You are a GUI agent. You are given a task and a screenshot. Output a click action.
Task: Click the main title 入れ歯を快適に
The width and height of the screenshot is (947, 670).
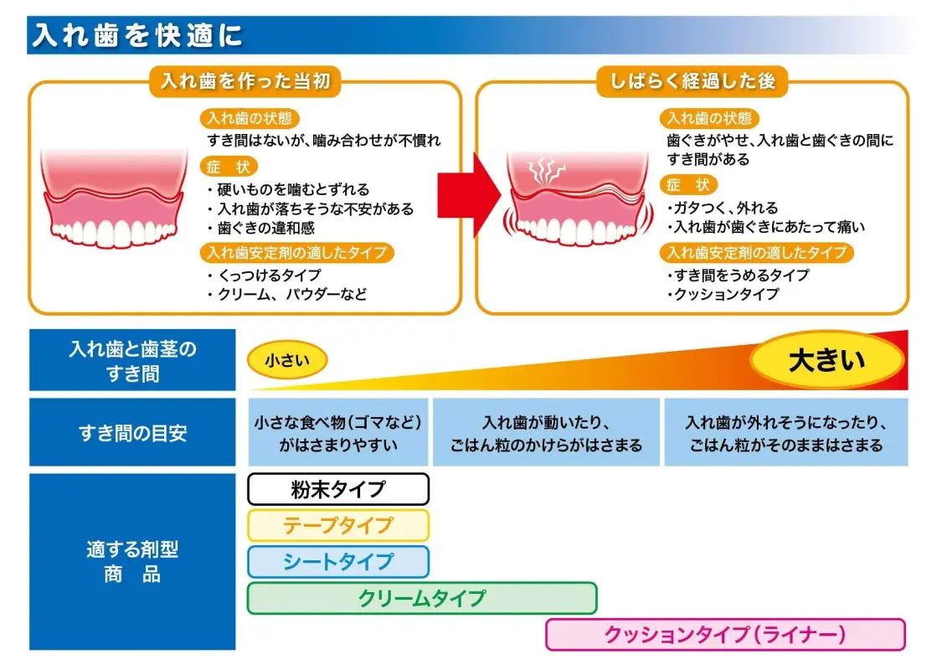pyautogui.click(x=138, y=36)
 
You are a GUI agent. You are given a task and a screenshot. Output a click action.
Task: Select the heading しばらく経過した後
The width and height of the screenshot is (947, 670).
pyautogui.click(x=692, y=81)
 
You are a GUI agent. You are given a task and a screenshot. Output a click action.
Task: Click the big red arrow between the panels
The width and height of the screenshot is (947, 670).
pyautogui.click(x=470, y=194)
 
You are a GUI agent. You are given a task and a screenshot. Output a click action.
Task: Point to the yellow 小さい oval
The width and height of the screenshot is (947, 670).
pyautogui.click(x=287, y=360)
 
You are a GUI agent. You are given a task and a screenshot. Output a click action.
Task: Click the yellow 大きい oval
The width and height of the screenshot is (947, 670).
pyautogui.click(x=826, y=361)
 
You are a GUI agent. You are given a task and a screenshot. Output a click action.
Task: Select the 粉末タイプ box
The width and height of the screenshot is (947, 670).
pyautogui.click(x=338, y=489)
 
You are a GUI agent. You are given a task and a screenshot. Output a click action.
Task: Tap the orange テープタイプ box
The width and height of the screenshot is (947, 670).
pyautogui.click(x=338, y=525)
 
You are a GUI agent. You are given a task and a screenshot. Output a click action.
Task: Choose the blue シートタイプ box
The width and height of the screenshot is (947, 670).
pyautogui.click(x=338, y=562)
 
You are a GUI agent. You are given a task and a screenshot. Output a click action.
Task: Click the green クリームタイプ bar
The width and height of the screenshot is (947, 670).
pyautogui.click(x=422, y=598)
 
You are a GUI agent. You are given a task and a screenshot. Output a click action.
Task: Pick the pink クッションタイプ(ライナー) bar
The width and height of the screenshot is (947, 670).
pyautogui.click(x=725, y=635)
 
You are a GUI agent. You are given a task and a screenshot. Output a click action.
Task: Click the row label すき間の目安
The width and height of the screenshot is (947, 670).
pyautogui.click(x=132, y=433)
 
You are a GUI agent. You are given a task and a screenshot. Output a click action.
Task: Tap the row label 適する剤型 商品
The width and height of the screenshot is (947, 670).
pyautogui.click(x=132, y=562)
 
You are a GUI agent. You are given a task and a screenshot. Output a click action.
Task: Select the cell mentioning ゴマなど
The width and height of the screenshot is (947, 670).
pyautogui.click(x=338, y=433)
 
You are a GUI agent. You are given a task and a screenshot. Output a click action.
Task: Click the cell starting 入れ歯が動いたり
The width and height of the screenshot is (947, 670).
pyautogui.click(x=545, y=433)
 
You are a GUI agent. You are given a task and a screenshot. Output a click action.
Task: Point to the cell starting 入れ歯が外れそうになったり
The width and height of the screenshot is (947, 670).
pyautogui.click(x=785, y=433)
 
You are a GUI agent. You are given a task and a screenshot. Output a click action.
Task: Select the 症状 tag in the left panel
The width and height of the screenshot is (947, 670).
pyautogui.click(x=229, y=167)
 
